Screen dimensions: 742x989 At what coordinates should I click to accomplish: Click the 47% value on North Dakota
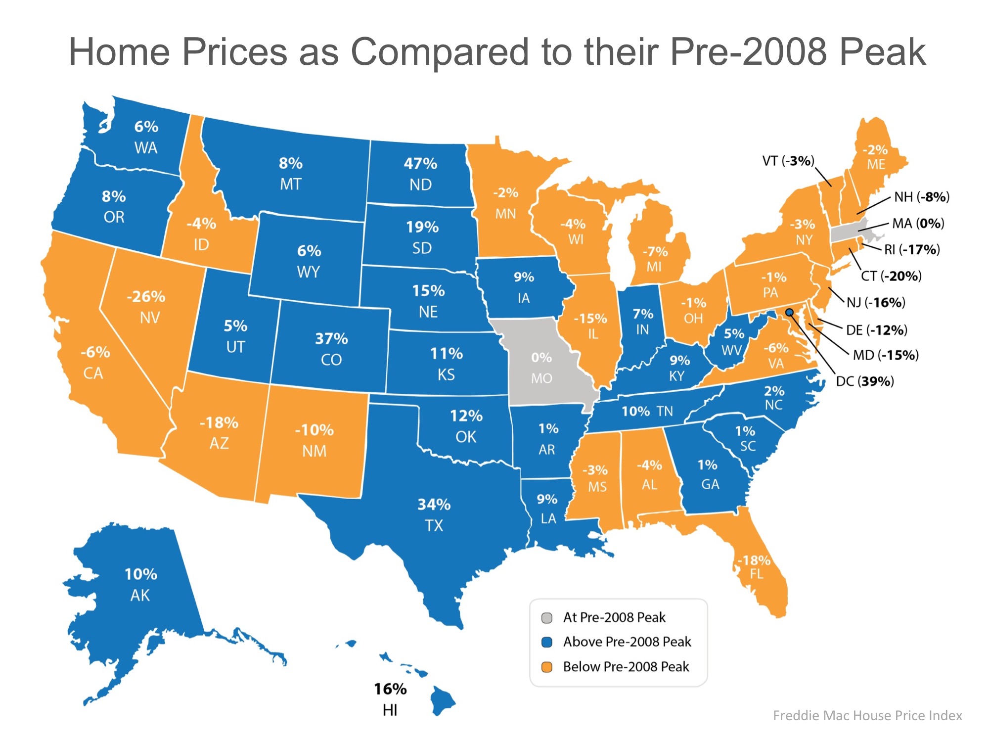click(x=420, y=164)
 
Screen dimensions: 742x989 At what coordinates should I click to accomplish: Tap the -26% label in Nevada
click(x=146, y=297)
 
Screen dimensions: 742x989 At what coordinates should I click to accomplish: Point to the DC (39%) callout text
click(x=865, y=381)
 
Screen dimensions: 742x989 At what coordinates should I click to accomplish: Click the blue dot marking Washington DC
click(x=790, y=313)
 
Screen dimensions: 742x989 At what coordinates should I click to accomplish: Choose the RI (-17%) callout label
click(x=912, y=249)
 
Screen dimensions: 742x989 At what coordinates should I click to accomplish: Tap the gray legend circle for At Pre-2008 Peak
click(x=547, y=618)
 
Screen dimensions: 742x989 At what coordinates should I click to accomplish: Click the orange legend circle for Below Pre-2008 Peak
click(x=547, y=667)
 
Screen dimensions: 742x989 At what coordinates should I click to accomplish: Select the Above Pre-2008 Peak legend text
click(x=627, y=642)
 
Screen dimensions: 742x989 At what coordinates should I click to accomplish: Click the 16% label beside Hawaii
click(x=390, y=689)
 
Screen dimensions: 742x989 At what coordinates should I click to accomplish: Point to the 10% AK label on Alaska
click(x=141, y=584)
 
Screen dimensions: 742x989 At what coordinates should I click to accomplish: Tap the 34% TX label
click(x=434, y=514)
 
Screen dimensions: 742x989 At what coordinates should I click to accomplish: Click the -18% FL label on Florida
click(x=754, y=567)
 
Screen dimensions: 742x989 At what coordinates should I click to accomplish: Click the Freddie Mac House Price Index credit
click(x=867, y=716)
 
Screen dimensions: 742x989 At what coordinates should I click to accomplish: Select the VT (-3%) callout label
click(x=788, y=161)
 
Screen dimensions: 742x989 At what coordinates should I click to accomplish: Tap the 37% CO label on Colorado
click(x=331, y=349)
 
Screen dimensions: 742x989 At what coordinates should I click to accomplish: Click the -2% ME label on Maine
click(x=875, y=157)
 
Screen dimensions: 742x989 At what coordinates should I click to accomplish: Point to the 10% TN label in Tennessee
click(x=647, y=411)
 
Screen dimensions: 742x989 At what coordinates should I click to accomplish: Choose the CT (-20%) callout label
click(x=891, y=276)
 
